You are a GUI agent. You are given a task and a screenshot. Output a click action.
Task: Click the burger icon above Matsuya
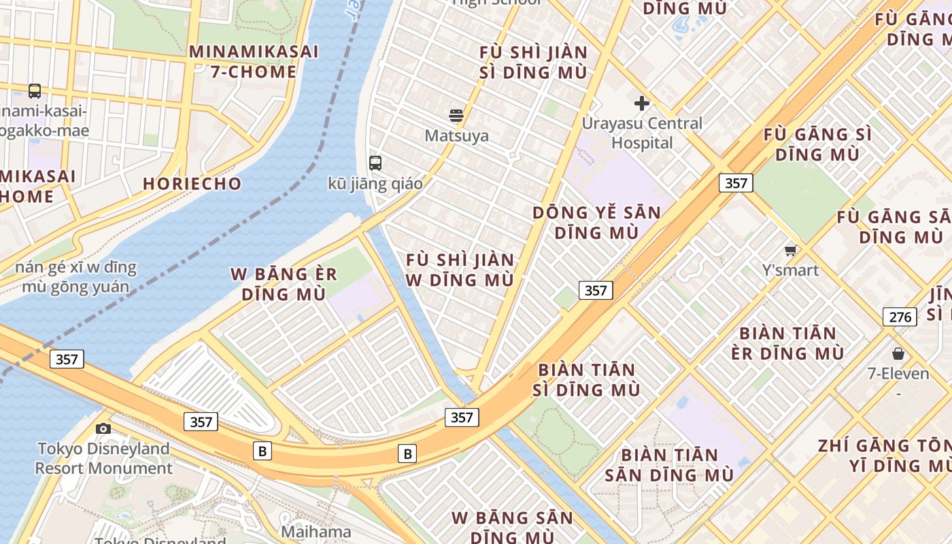click(x=456, y=116)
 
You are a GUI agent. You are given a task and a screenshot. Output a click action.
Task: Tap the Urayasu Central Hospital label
click(x=642, y=133)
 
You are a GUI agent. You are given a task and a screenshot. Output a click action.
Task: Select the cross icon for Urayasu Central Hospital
click(x=641, y=103)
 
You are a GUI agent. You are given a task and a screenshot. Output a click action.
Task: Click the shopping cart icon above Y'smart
click(x=790, y=250)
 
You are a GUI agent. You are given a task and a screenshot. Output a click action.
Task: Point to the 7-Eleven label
click(x=898, y=373)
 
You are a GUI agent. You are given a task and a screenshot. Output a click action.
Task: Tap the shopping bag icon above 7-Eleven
click(x=898, y=354)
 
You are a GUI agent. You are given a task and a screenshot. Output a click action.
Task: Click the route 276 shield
click(x=900, y=316)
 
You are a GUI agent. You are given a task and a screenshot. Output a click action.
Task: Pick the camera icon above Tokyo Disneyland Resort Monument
click(x=103, y=428)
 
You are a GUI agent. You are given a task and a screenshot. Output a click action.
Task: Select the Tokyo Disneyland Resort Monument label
click(x=103, y=458)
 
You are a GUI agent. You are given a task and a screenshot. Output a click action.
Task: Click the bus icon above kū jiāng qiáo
click(x=375, y=163)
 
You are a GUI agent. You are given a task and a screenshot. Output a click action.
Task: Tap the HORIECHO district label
click(x=192, y=184)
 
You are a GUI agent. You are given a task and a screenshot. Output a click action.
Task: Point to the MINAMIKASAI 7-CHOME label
click(x=254, y=61)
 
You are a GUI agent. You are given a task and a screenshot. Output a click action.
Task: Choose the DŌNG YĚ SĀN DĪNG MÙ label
click(x=596, y=222)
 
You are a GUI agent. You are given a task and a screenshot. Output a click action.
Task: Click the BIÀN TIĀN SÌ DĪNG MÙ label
click(x=588, y=379)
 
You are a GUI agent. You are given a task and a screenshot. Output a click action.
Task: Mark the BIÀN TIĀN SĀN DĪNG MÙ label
click(x=669, y=465)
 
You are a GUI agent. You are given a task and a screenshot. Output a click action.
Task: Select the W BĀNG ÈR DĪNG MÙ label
click(x=284, y=284)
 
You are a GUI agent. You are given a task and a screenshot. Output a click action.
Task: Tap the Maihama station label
click(x=316, y=532)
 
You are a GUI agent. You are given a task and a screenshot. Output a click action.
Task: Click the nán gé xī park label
click(x=75, y=277)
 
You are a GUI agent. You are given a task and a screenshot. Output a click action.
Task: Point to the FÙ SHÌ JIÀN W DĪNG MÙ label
click(x=460, y=270)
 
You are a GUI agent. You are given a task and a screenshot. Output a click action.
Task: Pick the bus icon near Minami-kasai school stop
click(x=34, y=90)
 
